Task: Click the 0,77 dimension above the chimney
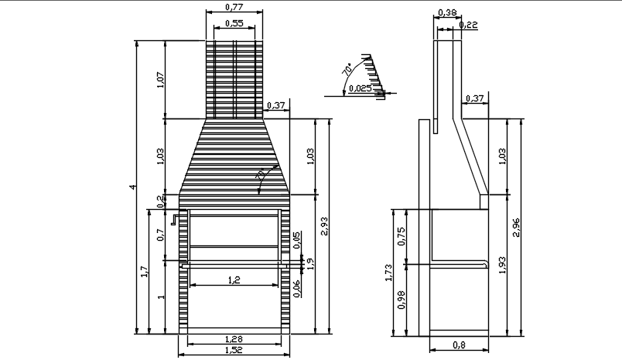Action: [234, 7]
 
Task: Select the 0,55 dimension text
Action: [234, 24]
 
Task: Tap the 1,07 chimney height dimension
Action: [161, 80]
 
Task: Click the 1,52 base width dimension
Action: [234, 351]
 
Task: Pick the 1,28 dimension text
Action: [234, 338]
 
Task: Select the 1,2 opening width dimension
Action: [234, 280]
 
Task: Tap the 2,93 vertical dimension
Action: [324, 226]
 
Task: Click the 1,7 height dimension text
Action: [144, 271]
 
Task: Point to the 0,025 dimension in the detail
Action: [360, 88]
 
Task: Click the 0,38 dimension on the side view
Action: [446, 13]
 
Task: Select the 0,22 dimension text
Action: [468, 26]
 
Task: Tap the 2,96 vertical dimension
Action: [516, 226]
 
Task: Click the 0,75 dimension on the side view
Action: [401, 237]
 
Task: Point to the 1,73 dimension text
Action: [388, 273]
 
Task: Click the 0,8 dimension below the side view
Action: [460, 345]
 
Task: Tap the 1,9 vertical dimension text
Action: [310, 263]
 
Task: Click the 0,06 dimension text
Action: [297, 288]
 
